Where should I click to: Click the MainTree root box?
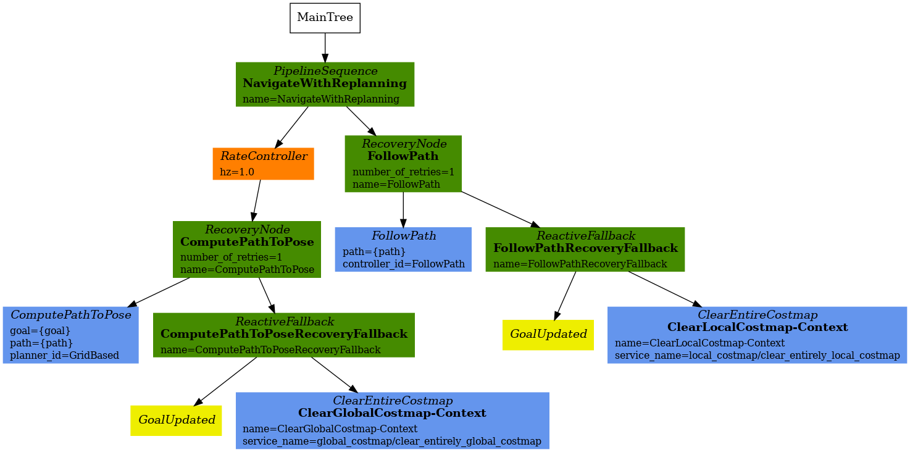(325, 18)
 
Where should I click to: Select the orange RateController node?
(263, 164)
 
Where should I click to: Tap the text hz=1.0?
(237, 172)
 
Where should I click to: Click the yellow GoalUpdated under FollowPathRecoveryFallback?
(548, 335)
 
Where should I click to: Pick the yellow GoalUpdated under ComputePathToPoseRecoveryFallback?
(176, 421)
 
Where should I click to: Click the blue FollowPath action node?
(403, 249)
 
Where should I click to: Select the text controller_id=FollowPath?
(403, 264)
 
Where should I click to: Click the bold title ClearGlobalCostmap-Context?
(392, 413)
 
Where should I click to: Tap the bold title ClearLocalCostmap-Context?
(757, 327)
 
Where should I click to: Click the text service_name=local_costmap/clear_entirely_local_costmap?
(757, 356)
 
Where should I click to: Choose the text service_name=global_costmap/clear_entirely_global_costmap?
(392, 441)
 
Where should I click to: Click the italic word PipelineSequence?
(325, 71)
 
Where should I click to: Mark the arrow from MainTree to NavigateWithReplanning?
(325, 47)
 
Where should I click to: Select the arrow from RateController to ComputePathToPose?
(256, 200)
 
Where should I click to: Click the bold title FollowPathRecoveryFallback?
(585, 248)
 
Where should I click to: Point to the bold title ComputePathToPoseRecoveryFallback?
(283, 334)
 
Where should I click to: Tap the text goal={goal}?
(41, 330)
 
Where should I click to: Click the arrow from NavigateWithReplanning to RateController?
(291, 127)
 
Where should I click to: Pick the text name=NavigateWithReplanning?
(320, 99)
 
